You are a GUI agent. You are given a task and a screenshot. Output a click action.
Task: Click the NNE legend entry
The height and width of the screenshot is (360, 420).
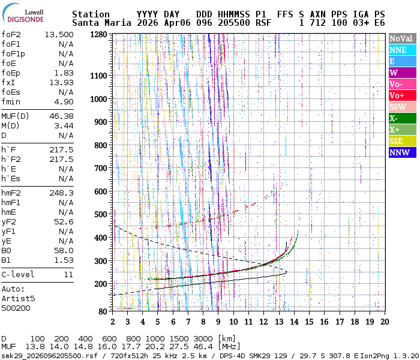[x=401, y=50]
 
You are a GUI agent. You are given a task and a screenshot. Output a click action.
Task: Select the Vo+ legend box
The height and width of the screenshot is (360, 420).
[x=401, y=95]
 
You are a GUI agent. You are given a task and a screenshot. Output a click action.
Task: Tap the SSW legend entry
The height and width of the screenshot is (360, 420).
[x=401, y=107]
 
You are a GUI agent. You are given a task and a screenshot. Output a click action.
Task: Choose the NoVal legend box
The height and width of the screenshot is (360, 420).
[x=401, y=38]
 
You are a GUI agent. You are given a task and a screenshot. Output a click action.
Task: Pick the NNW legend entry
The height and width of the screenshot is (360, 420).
[x=401, y=152]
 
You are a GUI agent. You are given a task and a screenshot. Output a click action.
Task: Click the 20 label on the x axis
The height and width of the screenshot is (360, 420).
[x=383, y=322]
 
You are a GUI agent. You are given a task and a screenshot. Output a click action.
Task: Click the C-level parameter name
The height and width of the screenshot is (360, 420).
[x=18, y=274]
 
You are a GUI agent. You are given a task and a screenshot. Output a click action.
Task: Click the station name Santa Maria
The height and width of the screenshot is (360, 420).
[x=101, y=23]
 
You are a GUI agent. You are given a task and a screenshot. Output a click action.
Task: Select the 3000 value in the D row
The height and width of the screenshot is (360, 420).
[x=199, y=338]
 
